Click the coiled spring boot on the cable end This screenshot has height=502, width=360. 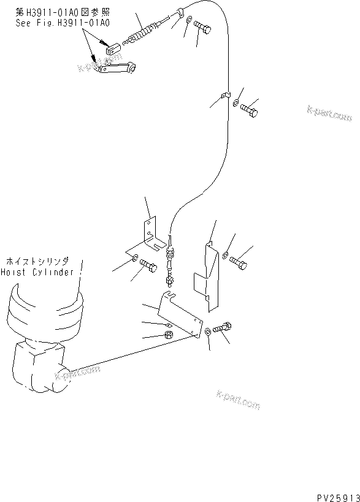(x=142, y=32)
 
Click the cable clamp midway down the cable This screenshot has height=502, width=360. (x=225, y=95)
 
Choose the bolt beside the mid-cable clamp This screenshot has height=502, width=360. (x=248, y=111)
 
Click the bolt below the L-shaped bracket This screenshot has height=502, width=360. (x=149, y=265)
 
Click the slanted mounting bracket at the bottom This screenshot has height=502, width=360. (x=181, y=313)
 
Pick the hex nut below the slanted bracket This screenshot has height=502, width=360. (x=168, y=335)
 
